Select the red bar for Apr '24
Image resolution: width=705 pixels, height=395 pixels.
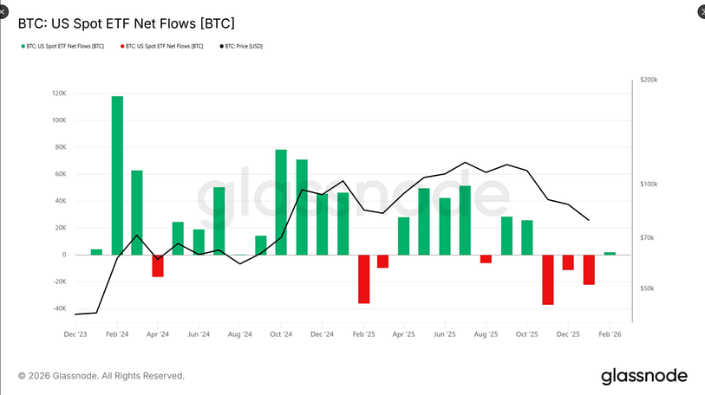pos(158,265)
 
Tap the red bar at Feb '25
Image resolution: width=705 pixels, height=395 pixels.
pos(363,278)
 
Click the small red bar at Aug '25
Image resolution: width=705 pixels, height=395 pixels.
pos(486,258)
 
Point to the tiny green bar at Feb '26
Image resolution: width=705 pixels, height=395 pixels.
pos(610,253)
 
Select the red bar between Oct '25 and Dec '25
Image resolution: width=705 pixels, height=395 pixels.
pos(547,279)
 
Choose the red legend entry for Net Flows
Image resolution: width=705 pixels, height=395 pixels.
pos(164,46)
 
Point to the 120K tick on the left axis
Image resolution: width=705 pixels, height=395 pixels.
pos(59,94)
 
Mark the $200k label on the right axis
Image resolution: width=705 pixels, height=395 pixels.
pos(649,80)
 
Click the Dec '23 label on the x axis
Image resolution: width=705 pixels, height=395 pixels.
pos(75,333)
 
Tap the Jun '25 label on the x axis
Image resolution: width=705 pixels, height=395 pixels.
pos(445,333)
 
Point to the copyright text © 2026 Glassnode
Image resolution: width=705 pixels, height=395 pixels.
pos(101,376)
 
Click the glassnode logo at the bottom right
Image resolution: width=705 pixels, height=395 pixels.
pos(643,375)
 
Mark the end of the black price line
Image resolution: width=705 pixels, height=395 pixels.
pos(590,220)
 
